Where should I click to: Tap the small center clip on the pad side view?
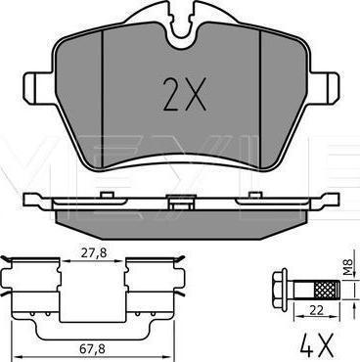pos(181,205)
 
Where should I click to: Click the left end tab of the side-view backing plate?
pos(34,203)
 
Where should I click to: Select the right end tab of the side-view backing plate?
pos(330,203)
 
